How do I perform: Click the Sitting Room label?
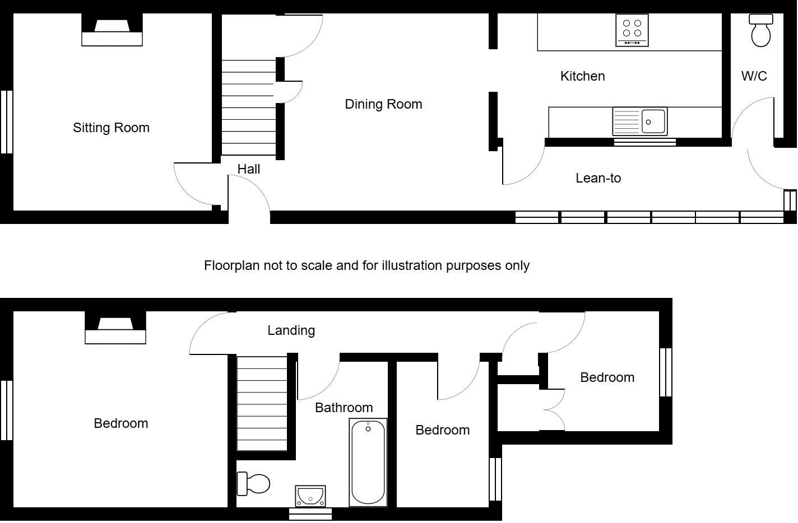[x=111, y=128]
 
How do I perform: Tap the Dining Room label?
[x=383, y=104]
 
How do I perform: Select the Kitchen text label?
[x=582, y=76]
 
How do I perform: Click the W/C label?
[x=754, y=76]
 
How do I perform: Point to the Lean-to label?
[x=598, y=178]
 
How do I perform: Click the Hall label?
[x=248, y=169]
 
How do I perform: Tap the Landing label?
[x=291, y=330]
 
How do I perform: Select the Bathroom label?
[x=344, y=408]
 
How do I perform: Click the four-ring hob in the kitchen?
[x=632, y=30]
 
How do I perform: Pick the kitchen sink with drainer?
[x=639, y=122]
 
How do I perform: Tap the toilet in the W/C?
[x=760, y=31]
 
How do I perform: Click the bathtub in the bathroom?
[x=368, y=462]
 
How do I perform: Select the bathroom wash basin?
[x=310, y=496]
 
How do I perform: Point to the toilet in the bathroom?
[x=254, y=484]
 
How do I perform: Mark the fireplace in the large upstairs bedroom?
[x=115, y=328]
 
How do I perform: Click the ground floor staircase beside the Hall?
[x=248, y=108]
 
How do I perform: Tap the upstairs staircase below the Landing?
[x=262, y=403]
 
